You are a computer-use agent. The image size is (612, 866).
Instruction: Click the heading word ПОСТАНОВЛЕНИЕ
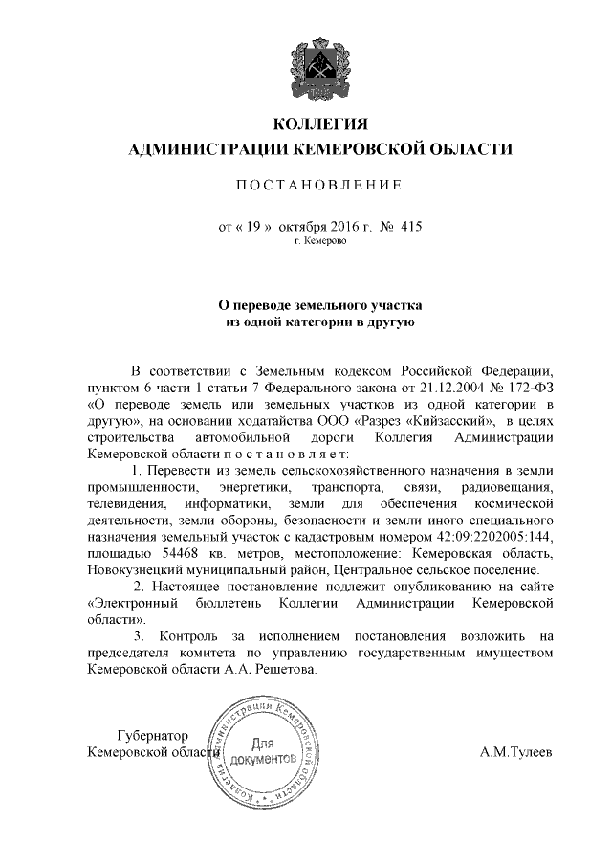coord(320,184)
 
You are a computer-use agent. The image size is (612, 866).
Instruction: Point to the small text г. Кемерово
coord(320,242)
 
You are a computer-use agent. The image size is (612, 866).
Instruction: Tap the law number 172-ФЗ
coord(529,388)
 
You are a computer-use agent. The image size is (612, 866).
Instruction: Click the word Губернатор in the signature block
coord(151,735)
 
